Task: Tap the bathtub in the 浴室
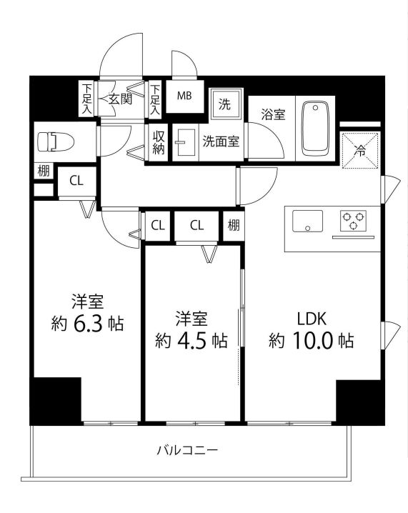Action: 314,129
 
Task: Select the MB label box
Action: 184,96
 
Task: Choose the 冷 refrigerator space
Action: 361,151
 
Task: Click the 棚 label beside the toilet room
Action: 44,171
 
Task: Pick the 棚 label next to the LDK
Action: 234,226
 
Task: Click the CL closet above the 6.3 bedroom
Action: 76,181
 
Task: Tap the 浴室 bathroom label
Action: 273,114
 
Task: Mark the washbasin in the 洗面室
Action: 186,141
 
